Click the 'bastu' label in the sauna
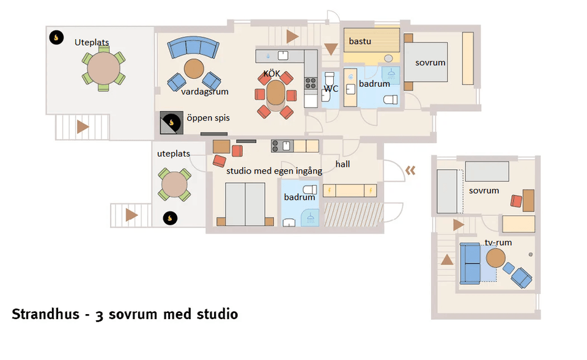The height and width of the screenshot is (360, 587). point(360,41)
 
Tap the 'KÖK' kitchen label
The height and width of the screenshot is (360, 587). point(271,74)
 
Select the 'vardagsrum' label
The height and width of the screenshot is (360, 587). point(205,92)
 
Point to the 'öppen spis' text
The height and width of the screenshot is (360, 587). point(208,118)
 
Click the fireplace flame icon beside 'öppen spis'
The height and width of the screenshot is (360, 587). point(171,122)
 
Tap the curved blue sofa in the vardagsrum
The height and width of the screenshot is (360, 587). point(193,47)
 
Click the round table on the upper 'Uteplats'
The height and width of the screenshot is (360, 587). point(104,68)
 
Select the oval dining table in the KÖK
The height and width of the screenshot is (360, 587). point(276,92)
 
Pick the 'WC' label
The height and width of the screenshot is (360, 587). point(331,89)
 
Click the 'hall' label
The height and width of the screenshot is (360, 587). point(342,164)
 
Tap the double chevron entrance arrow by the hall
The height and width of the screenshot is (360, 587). point(410,171)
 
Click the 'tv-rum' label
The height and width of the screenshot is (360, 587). point(498,243)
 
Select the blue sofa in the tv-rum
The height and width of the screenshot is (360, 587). point(470,263)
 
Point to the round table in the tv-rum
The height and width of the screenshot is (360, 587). point(496,258)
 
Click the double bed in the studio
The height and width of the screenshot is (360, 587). point(245,204)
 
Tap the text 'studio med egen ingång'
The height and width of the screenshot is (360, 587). point(275,171)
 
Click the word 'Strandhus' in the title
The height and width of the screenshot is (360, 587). point(46,314)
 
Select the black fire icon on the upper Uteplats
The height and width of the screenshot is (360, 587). point(56,37)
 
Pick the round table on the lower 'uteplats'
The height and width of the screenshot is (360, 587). point(174,185)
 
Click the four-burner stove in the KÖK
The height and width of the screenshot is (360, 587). point(311,83)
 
